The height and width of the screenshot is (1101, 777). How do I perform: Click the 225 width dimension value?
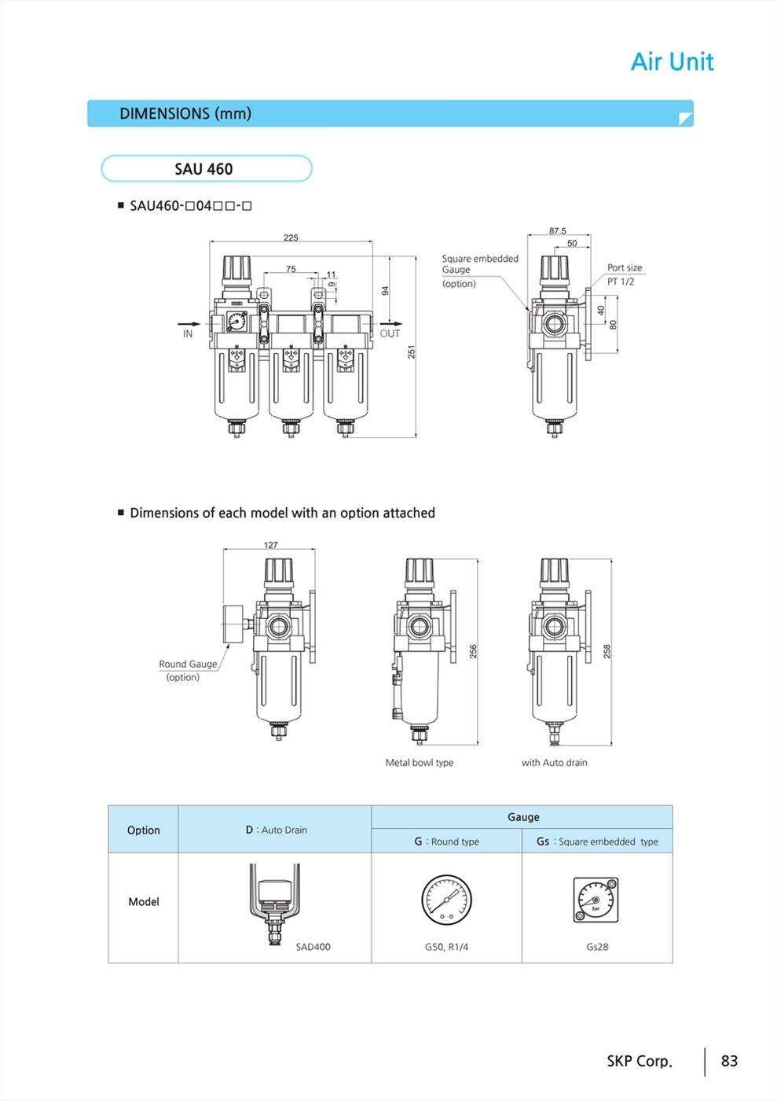pos(291,238)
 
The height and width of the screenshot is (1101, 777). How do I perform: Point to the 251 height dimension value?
pos(412,352)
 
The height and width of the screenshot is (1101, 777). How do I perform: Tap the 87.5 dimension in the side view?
pos(558,230)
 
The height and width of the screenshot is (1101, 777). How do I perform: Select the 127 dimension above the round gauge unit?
pos(270,544)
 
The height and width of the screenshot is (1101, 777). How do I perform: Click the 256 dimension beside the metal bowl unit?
pos(473,651)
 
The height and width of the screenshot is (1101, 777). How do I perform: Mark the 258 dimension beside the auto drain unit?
pos(607,651)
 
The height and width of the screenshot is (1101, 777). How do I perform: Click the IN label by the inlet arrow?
pos(188,333)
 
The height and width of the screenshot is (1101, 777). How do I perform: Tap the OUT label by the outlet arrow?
pos(390,333)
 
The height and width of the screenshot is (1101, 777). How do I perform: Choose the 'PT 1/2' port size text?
pos(621,282)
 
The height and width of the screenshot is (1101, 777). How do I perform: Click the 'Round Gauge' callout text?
pos(188,664)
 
